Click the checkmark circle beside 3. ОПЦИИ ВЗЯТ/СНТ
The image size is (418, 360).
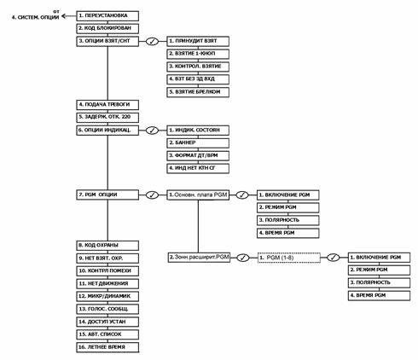tap(152, 41)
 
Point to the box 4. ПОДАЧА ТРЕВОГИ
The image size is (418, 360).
tap(107, 104)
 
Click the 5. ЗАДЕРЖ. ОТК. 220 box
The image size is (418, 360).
tap(107, 117)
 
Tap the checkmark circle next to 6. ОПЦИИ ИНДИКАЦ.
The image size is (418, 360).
tap(152, 130)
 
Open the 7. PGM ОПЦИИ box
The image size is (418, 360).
tap(107, 195)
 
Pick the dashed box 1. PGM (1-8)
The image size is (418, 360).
tap(291, 257)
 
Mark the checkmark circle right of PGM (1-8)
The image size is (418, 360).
tap(334, 257)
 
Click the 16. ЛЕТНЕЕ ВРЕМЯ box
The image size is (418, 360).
tap(107, 348)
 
